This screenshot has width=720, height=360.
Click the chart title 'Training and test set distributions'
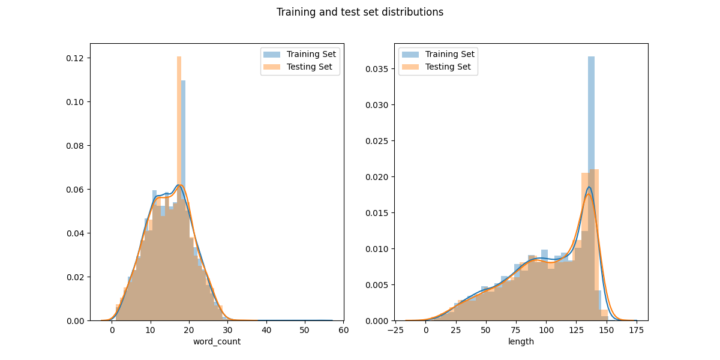359,12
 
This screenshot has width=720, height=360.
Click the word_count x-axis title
217,341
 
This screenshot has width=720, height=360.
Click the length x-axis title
521,341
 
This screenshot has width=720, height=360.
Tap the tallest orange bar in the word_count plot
179,188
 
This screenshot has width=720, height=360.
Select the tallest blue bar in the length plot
591,188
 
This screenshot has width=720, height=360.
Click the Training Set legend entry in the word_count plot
299,55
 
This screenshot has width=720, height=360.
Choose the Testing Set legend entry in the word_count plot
298,67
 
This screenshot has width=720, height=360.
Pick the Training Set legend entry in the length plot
438,55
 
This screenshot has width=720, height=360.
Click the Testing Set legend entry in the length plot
436,67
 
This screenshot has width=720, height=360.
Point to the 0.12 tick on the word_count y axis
75,58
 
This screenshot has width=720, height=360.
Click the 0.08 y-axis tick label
75,146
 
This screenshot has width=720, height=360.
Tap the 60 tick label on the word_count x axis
344,331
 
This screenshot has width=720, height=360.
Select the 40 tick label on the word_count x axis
266,331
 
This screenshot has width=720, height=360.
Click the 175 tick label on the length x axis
637,331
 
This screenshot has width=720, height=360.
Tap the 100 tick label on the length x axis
547,331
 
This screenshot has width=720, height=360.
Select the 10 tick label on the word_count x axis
151,331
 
